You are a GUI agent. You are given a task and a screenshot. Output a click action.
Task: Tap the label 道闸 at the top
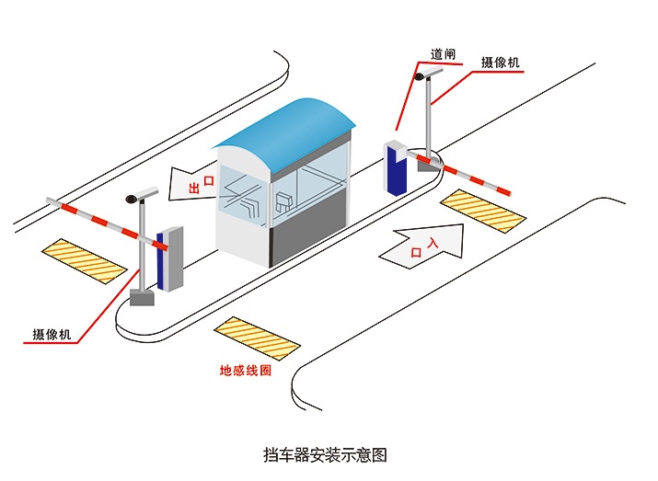click(444, 53)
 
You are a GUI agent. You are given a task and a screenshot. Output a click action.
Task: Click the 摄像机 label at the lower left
click(52, 335)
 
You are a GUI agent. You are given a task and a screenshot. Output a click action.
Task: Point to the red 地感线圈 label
click(246, 371)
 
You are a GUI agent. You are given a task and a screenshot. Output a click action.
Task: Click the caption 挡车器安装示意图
click(325, 454)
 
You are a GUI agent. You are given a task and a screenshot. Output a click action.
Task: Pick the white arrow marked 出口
click(196, 187)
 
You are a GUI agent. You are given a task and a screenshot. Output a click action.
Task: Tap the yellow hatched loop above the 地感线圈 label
click(257, 337)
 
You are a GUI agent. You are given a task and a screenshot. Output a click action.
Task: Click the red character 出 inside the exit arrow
click(194, 189)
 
